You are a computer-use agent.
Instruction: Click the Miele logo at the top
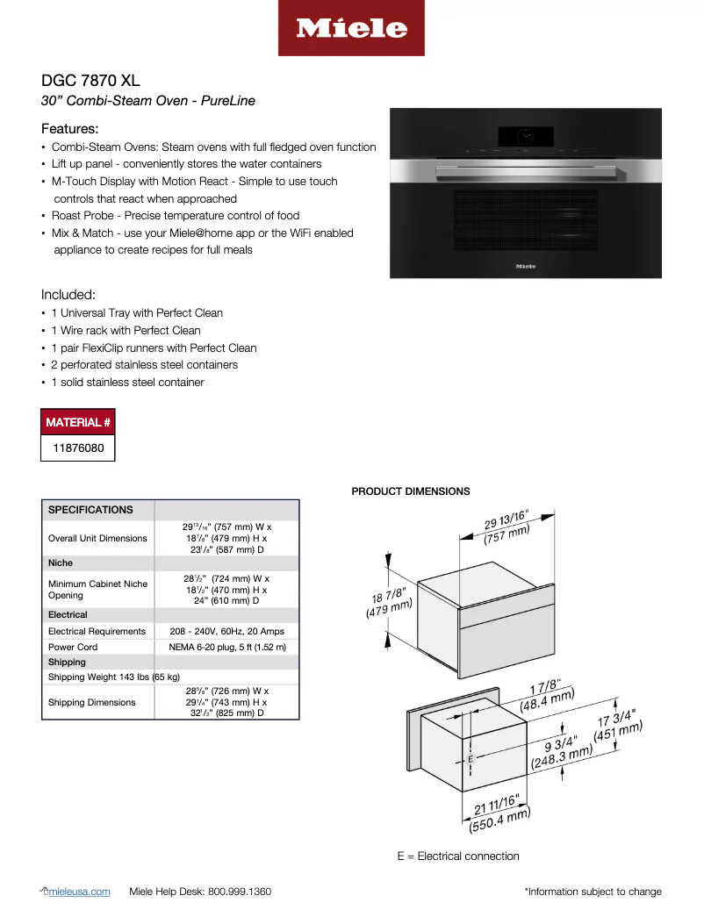click(351, 28)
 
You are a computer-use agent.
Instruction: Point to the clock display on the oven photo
click(526, 136)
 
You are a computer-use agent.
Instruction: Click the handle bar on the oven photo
click(526, 167)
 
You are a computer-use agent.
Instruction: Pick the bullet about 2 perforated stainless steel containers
click(144, 365)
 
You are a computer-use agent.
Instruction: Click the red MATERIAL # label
click(78, 423)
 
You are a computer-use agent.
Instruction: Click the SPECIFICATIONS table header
click(90, 510)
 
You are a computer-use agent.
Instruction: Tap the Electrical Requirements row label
click(97, 632)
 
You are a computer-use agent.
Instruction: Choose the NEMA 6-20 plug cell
click(227, 647)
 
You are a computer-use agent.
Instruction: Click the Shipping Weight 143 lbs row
click(114, 677)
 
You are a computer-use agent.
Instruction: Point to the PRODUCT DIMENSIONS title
click(410, 491)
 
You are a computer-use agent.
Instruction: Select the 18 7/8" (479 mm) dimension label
click(388, 604)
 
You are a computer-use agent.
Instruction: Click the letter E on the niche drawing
click(471, 758)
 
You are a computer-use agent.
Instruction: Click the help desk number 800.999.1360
click(239, 892)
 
